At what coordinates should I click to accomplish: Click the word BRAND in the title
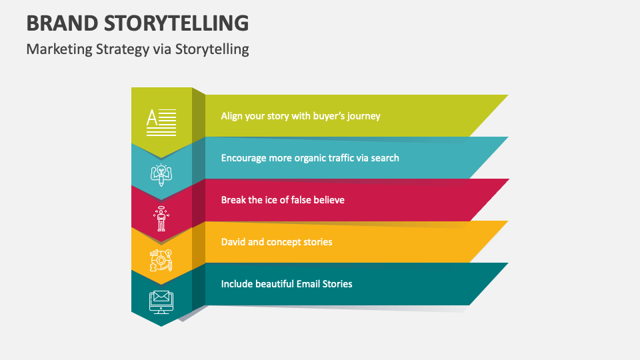coord(61,23)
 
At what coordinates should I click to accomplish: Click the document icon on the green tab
coord(161,122)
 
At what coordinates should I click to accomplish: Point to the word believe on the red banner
coord(327,199)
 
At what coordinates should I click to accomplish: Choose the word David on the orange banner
coord(233,241)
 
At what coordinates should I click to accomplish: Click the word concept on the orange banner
coord(285,242)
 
